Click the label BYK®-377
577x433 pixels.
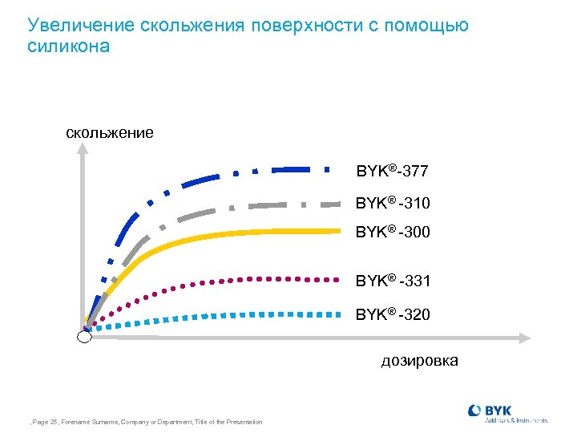coord(392,172)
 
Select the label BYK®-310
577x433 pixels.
coord(393,203)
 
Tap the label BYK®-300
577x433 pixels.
coord(393,233)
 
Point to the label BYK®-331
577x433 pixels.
coord(393,281)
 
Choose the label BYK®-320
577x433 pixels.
coord(393,314)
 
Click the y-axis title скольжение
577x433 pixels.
coord(110,132)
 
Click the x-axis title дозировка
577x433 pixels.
coord(419,360)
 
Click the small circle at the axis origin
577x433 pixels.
coord(84,337)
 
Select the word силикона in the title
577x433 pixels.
coord(68,47)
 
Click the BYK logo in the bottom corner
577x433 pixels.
coord(506,413)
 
